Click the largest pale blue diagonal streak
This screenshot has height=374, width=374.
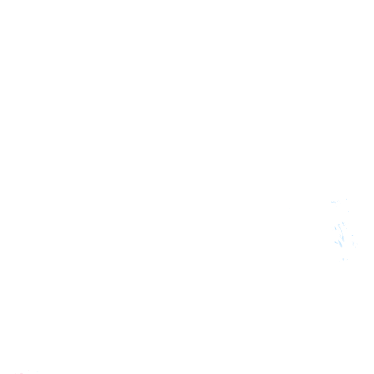click(x=340, y=243)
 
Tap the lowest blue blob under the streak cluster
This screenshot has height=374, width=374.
click(x=343, y=259)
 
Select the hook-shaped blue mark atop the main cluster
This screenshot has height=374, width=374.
click(x=343, y=224)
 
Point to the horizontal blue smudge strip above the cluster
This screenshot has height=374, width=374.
click(x=333, y=202)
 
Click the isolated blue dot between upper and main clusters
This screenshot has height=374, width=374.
click(x=348, y=212)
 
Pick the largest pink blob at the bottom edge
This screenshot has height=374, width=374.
click(x=21, y=374)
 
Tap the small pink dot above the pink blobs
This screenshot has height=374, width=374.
click(x=29, y=370)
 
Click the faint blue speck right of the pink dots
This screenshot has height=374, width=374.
click(x=37, y=372)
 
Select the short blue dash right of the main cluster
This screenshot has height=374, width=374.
click(x=353, y=235)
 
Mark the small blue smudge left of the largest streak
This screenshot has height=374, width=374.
click(x=336, y=243)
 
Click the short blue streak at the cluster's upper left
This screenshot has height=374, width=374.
click(x=336, y=228)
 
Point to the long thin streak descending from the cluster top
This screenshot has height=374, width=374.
click(x=341, y=229)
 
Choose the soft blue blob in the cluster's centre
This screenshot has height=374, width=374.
click(x=343, y=238)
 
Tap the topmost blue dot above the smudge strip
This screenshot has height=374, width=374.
click(x=346, y=199)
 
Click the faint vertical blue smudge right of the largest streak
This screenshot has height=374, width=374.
click(x=354, y=243)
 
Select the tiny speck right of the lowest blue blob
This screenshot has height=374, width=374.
click(x=347, y=260)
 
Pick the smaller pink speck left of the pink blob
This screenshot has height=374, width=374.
click(x=16, y=374)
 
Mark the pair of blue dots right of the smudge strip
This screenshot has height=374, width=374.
click(x=338, y=201)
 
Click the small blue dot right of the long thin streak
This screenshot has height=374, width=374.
click(x=346, y=228)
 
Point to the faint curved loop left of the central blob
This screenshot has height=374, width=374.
click(x=340, y=236)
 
